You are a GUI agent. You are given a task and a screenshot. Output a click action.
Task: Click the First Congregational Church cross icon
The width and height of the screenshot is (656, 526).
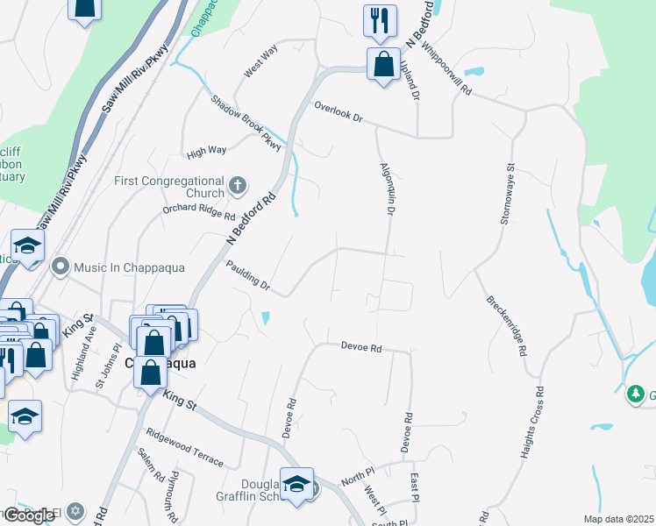pos(237,185)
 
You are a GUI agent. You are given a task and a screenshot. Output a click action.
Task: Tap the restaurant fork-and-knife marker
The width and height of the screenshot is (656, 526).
pos(380,21)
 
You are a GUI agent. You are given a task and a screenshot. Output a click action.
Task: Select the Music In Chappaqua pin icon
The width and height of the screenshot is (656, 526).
pos(61,265)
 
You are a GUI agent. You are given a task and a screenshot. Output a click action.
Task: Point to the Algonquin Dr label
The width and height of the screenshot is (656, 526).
pos(386,188)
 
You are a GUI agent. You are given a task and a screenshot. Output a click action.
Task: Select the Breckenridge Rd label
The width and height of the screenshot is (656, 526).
pos(506,324)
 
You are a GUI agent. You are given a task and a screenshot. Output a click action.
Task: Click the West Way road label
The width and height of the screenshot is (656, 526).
pos(260,64)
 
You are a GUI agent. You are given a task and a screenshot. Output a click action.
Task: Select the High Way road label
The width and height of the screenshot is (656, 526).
pos(207,151)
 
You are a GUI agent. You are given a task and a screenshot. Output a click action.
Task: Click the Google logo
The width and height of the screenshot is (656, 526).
pos(29,515)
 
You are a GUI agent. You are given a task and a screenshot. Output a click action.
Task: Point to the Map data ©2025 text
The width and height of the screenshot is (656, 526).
pos(619,519)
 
